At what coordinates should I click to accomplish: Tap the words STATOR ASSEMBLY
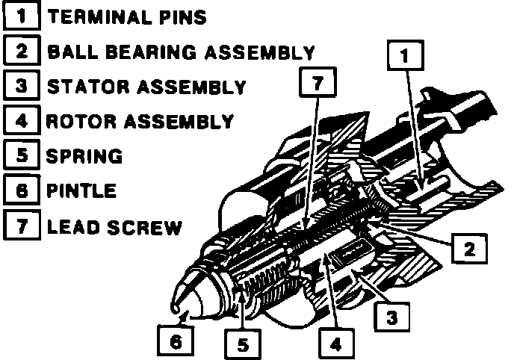click(x=146, y=87)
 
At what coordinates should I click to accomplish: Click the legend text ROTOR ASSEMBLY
click(x=140, y=121)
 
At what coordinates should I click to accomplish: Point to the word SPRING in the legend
click(x=84, y=156)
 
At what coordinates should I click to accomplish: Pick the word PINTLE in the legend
click(x=82, y=190)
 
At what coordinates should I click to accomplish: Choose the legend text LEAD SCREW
click(x=114, y=226)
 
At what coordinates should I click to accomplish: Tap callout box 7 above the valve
click(x=317, y=84)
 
